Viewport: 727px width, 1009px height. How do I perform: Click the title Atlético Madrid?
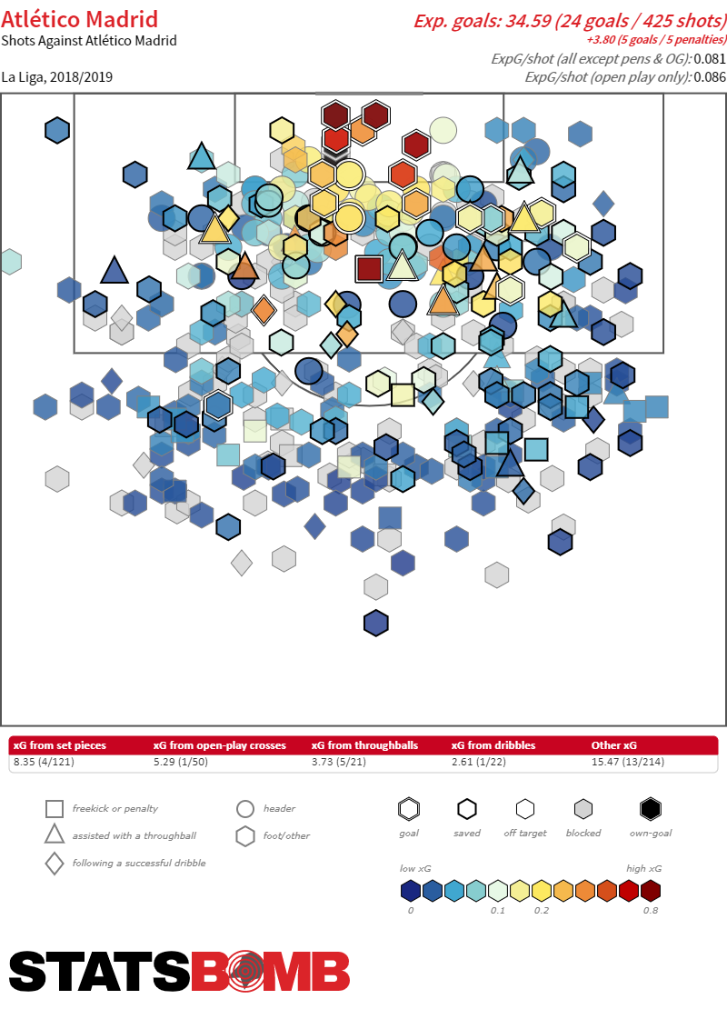pyautogui.click(x=80, y=19)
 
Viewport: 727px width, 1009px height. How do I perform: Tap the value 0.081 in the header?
pyautogui.click(x=709, y=59)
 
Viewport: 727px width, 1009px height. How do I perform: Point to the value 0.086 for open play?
pyautogui.click(x=709, y=77)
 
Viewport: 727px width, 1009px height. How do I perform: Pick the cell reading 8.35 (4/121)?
pyautogui.click(x=44, y=762)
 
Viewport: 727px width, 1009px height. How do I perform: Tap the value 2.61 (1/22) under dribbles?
pyautogui.click(x=483, y=762)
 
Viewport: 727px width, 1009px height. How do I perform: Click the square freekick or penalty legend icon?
pyautogui.click(x=55, y=809)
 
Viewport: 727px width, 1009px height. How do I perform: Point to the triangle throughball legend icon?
pyautogui.click(x=55, y=834)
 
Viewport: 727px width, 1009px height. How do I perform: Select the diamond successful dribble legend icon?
pyautogui.click(x=55, y=864)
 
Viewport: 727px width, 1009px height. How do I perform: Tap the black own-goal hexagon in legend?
pyautogui.click(x=649, y=809)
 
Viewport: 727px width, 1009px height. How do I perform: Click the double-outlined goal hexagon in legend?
pyautogui.click(x=409, y=809)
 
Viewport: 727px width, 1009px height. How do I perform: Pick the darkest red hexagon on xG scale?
pyautogui.click(x=650, y=891)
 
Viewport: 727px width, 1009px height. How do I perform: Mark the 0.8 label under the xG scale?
pyautogui.click(x=650, y=911)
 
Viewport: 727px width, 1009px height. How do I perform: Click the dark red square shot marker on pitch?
pyautogui.click(x=368, y=268)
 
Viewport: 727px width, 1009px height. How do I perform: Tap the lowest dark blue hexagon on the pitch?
pyautogui.click(x=376, y=623)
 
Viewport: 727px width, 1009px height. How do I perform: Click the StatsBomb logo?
pyautogui.click(x=180, y=971)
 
